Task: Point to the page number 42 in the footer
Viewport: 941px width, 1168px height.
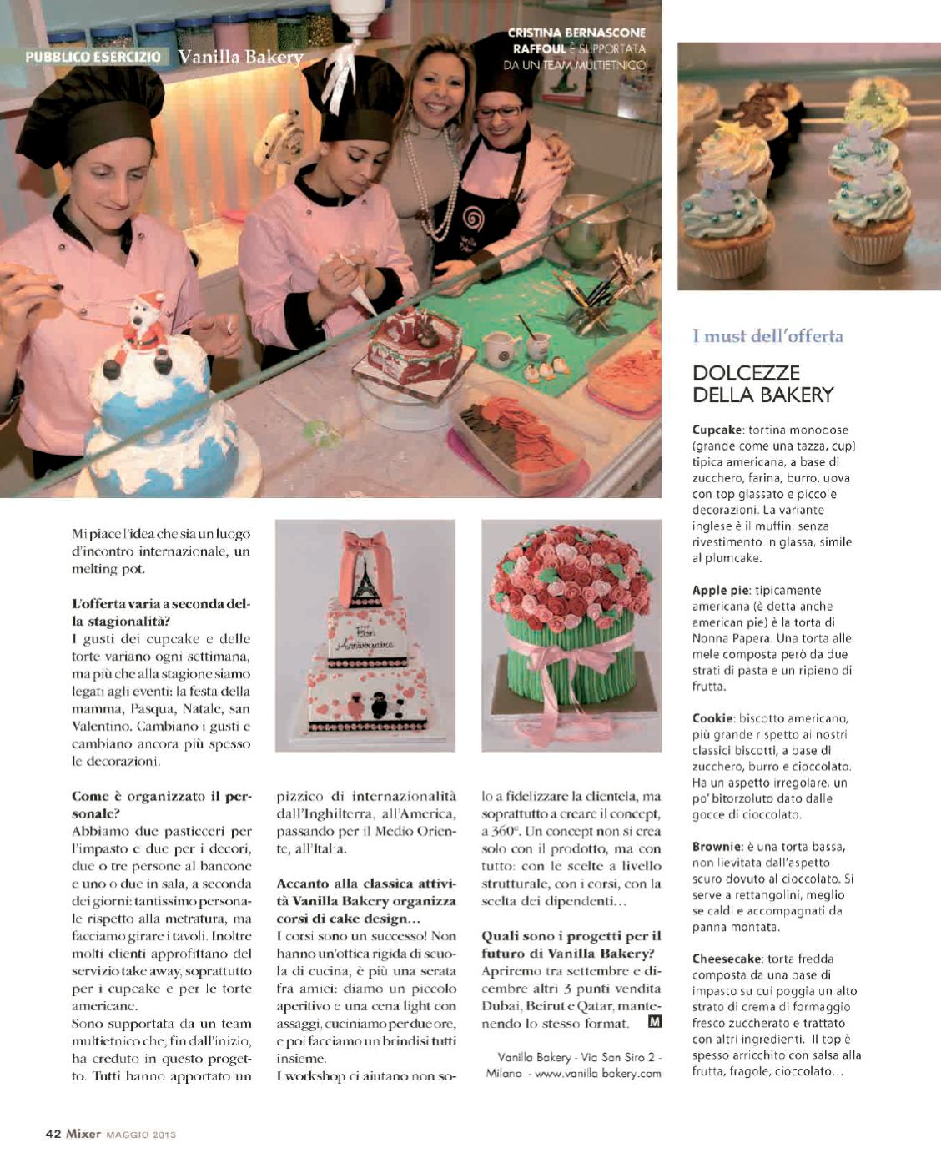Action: (53, 1134)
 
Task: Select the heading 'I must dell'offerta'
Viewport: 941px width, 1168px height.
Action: (767, 336)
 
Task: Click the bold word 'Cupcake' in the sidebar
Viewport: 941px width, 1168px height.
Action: (717, 430)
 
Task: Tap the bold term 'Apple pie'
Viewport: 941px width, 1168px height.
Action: (721, 591)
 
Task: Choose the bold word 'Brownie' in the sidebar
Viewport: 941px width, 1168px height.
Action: (717, 847)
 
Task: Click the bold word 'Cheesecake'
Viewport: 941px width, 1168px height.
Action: (727, 959)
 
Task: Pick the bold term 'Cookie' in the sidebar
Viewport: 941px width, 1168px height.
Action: (712, 718)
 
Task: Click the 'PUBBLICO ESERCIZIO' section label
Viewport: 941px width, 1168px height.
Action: (93, 58)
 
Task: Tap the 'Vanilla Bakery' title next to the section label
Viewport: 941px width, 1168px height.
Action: (240, 58)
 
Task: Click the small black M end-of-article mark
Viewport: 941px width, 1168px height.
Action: (654, 1022)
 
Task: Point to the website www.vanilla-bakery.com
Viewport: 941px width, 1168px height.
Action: (598, 1074)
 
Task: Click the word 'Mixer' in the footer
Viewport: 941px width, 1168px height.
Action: (84, 1134)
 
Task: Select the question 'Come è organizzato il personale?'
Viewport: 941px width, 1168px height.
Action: (161, 804)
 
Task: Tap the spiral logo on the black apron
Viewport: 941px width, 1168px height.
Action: (473, 219)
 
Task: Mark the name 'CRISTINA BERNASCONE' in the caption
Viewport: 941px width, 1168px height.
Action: (576, 33)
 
